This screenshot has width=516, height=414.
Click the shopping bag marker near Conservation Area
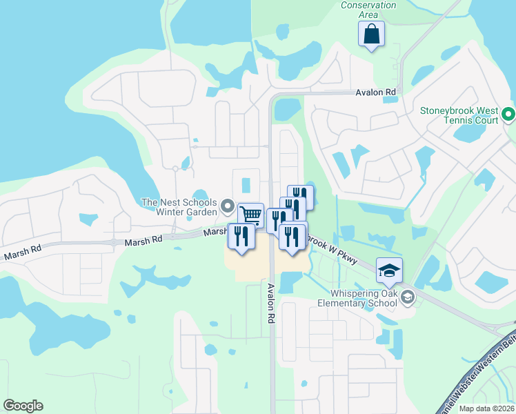point(371,34)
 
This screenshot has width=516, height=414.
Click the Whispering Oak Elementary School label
point(359,297)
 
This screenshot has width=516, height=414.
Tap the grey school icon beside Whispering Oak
point(407,297)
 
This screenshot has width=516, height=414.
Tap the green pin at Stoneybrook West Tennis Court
point(508,114)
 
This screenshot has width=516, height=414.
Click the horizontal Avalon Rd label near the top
point(376,92)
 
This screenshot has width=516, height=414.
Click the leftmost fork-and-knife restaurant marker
point(241,236)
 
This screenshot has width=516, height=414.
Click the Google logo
point(23,406)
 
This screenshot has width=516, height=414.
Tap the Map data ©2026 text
point(486,408)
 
